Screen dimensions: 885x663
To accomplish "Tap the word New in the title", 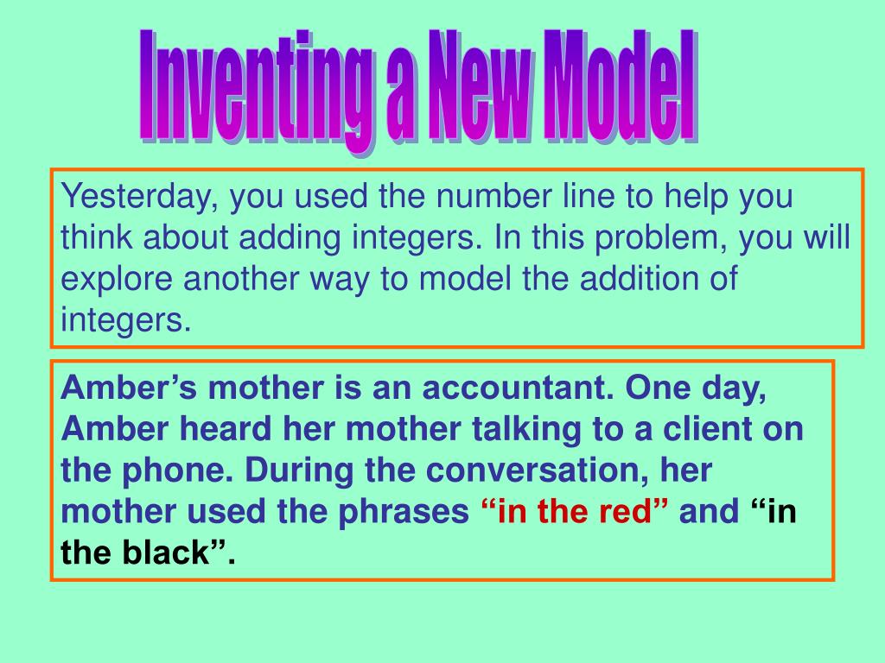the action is [481, 85].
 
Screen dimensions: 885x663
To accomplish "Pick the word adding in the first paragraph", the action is [290, 238].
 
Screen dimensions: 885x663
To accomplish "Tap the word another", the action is [241, 279].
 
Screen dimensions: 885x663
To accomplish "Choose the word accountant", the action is [518, 388].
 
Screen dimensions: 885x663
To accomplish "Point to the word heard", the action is [226, 428].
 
